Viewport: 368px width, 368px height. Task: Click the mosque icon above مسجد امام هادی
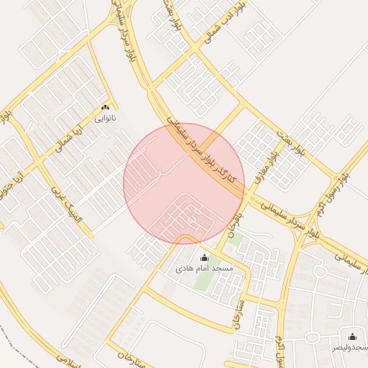tap(203, 257)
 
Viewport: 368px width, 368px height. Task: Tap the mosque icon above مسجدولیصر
tap(352, 336)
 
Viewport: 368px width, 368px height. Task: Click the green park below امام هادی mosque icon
tap(204, 280)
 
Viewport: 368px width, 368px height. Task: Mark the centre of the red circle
tap(184, 184)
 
